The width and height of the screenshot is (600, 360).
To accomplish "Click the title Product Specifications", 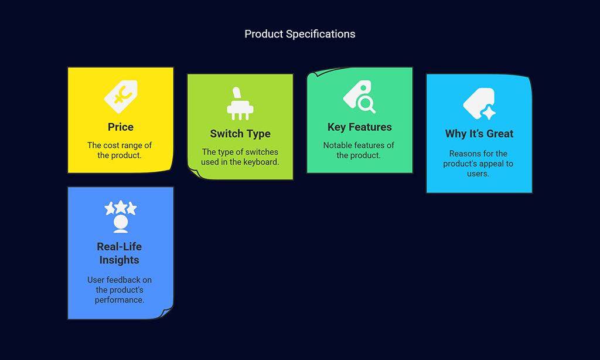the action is click(299, 34).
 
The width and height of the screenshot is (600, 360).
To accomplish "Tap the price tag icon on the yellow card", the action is click(121, 97).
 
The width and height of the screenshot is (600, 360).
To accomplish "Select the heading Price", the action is click(121, 127).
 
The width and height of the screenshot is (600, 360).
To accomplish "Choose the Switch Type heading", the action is click(240, 134).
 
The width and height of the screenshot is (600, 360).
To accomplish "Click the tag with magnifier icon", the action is click(359, 97).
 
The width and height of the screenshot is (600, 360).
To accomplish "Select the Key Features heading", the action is click(359, 127).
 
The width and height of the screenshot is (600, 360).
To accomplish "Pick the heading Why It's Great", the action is click(479, 134).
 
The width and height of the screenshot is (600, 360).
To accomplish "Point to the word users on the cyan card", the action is click(478, 174).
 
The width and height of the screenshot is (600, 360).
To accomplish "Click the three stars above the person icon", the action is click(121, 207).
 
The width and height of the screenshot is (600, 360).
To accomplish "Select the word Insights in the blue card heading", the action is click(119, 260).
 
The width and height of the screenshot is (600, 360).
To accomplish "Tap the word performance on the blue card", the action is click(120, 300).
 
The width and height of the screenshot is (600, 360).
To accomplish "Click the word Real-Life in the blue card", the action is click(119, 247).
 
